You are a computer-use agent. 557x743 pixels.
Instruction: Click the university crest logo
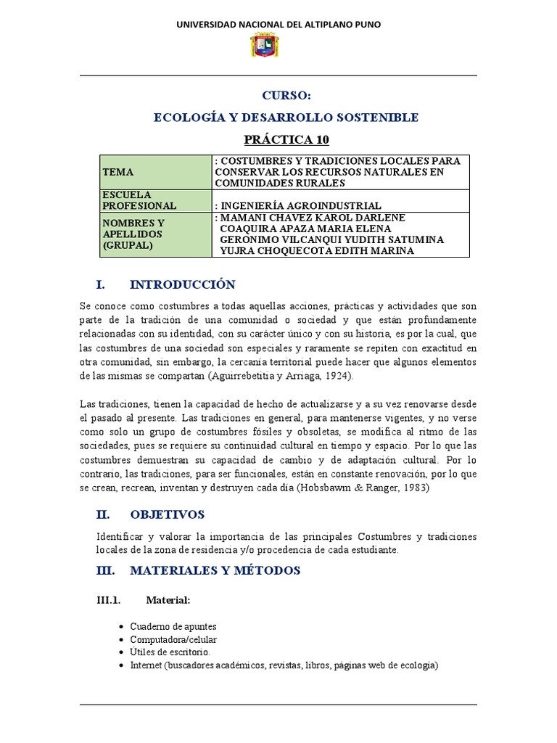[x=264, y=46]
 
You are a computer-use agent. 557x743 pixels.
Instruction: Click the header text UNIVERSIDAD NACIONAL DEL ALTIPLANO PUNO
[x=278, y=25]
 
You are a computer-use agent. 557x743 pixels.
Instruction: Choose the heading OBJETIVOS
[x=167, y=514]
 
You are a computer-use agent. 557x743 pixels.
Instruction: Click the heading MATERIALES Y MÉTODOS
[x=215, y=570]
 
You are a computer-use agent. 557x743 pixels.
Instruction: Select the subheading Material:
[x=168, y=600]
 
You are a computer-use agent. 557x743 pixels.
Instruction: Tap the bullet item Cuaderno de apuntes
[x=173, y=626]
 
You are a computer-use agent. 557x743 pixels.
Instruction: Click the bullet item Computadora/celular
[x=173, y=639]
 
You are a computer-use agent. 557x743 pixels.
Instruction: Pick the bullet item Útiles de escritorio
[x=170, y=652]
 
